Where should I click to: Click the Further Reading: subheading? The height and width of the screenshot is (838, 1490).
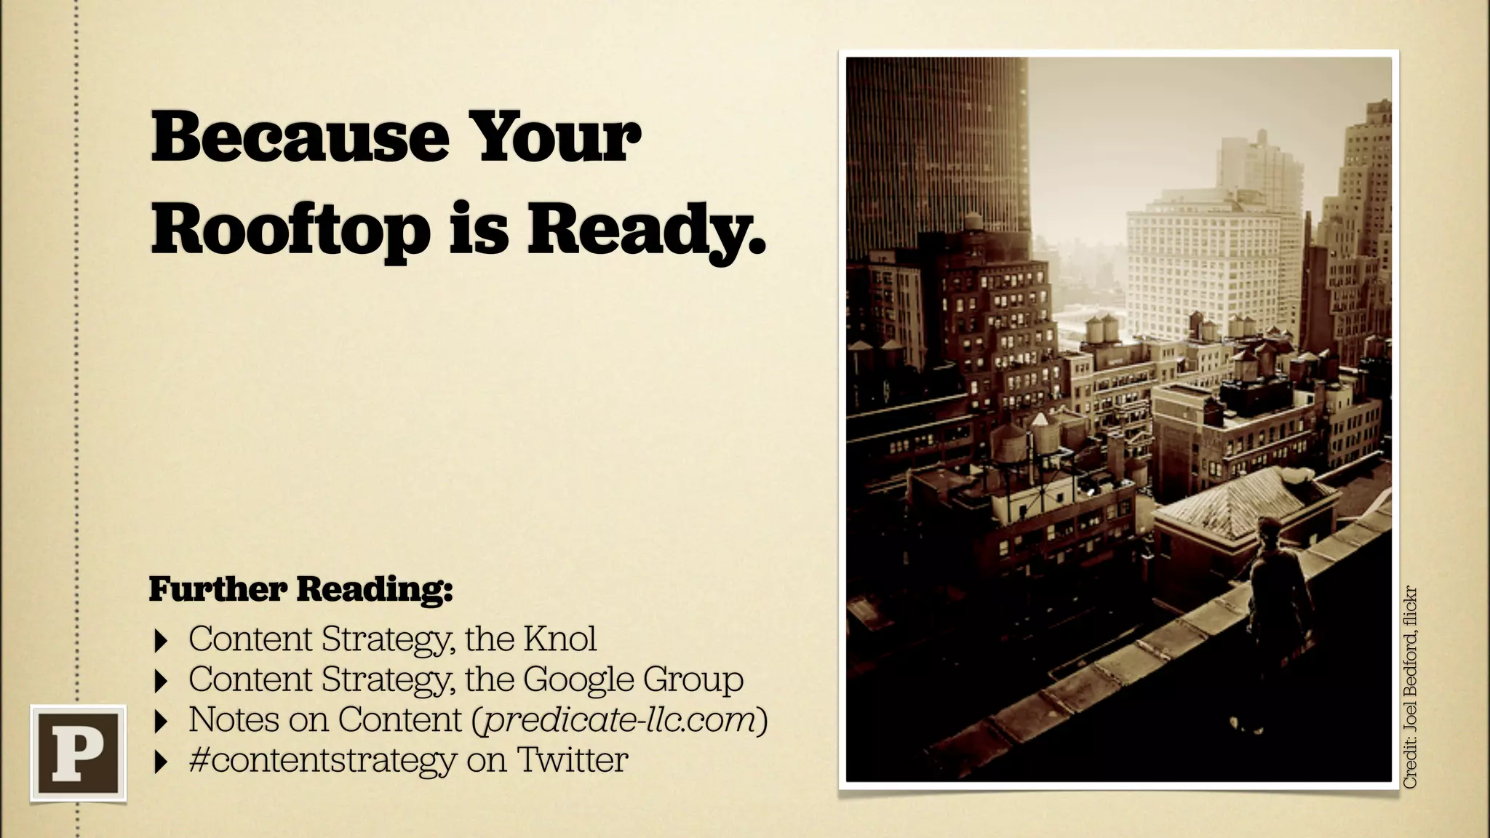[300, 589]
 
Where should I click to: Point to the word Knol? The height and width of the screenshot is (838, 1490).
[559, 639]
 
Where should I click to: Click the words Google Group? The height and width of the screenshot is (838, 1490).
[633, 679]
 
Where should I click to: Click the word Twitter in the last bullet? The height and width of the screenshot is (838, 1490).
[573, 760]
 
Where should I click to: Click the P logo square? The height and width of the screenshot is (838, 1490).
[79, 753]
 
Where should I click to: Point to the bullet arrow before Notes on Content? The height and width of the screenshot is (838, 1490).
[161, 722]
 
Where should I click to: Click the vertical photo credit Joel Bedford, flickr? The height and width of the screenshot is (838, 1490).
[1411, 687]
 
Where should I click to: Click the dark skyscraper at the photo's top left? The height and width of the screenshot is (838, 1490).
[939, 145]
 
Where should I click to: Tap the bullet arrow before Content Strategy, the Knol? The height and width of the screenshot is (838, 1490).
[161, 642]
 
